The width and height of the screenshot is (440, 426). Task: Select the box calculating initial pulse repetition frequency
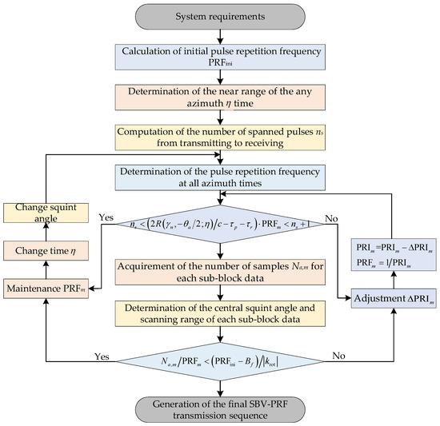pos(220,57)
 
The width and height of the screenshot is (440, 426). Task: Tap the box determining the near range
pos(220,100)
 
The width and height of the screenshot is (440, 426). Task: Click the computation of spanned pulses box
pos(220,142)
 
